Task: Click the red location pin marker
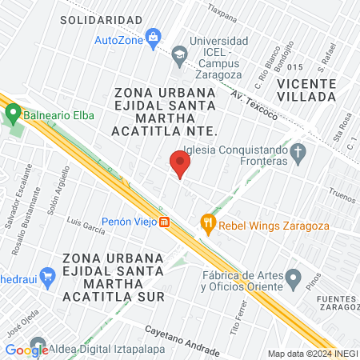click(x=180, y=164)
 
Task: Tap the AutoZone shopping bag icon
click(x=154, y=38)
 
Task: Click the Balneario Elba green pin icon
click(x=12, y=114)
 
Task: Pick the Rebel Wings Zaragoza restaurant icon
click(x=208, y=223)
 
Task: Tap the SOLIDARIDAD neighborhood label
click(x=101, y=19)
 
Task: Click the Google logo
click(x=26, y=350)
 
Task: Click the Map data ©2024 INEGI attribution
click(x=312, y=354)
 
